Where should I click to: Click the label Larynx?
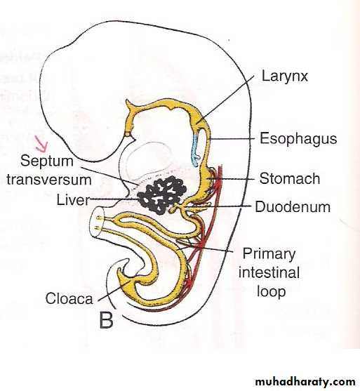click(x=284, y=76)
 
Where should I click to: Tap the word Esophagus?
click(x=298, y=139)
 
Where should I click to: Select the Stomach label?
click(x=290, y=179)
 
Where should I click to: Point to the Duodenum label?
click(x=293, y=207)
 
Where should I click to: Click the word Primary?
click(x=269, y=254)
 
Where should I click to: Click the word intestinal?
click(x=269, y=272)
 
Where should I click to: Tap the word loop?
click(x=272, y=291)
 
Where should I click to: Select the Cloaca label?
click(x=69, y=298)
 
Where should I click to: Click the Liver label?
click(x=73, y=200)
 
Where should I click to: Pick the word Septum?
click(x=47, y=161)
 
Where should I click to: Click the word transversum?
click(x=49, y=180)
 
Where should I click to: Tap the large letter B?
click(x=107, y=320)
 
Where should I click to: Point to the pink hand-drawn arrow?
click(x=41, y=144)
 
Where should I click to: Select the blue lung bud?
click(x=195, y=150)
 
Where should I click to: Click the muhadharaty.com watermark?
click(x=305, y=382)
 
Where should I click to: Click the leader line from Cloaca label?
click(x=114, y=291)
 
